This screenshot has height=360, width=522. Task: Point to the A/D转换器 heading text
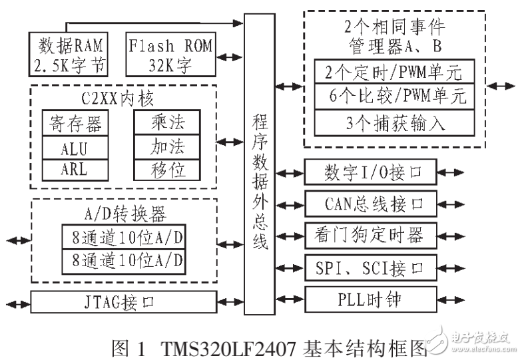[124, 214]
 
